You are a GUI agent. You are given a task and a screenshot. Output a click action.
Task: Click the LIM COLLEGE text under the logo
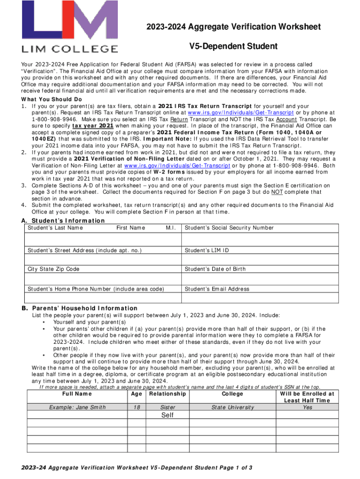tap(69, 48)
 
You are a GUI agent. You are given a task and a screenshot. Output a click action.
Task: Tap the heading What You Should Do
tap(51, 100)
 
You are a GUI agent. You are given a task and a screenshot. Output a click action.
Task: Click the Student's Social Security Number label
tap(229, 228)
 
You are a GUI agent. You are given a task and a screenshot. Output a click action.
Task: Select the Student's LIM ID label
tap(207, 251)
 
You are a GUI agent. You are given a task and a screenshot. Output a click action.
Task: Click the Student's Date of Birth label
tap(215, 269)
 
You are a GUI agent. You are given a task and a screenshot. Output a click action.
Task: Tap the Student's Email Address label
tap(217, 289)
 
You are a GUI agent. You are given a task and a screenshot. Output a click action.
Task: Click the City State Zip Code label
tap(53, 269)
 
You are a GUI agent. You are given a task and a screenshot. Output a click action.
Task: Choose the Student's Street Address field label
tap(85, 251)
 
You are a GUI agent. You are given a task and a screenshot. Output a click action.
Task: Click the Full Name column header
tap(77, 394)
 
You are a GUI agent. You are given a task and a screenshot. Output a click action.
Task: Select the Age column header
tap(137, 394)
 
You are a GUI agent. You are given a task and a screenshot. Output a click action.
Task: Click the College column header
tap(232, 394)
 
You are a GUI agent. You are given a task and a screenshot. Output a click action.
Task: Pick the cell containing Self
tap(167, 415)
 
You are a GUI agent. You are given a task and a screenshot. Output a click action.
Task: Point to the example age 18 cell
tap(137, 407)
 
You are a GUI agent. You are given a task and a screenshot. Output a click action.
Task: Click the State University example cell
tap(232, 407)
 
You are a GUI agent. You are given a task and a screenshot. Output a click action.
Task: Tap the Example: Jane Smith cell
tap(77, 407)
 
